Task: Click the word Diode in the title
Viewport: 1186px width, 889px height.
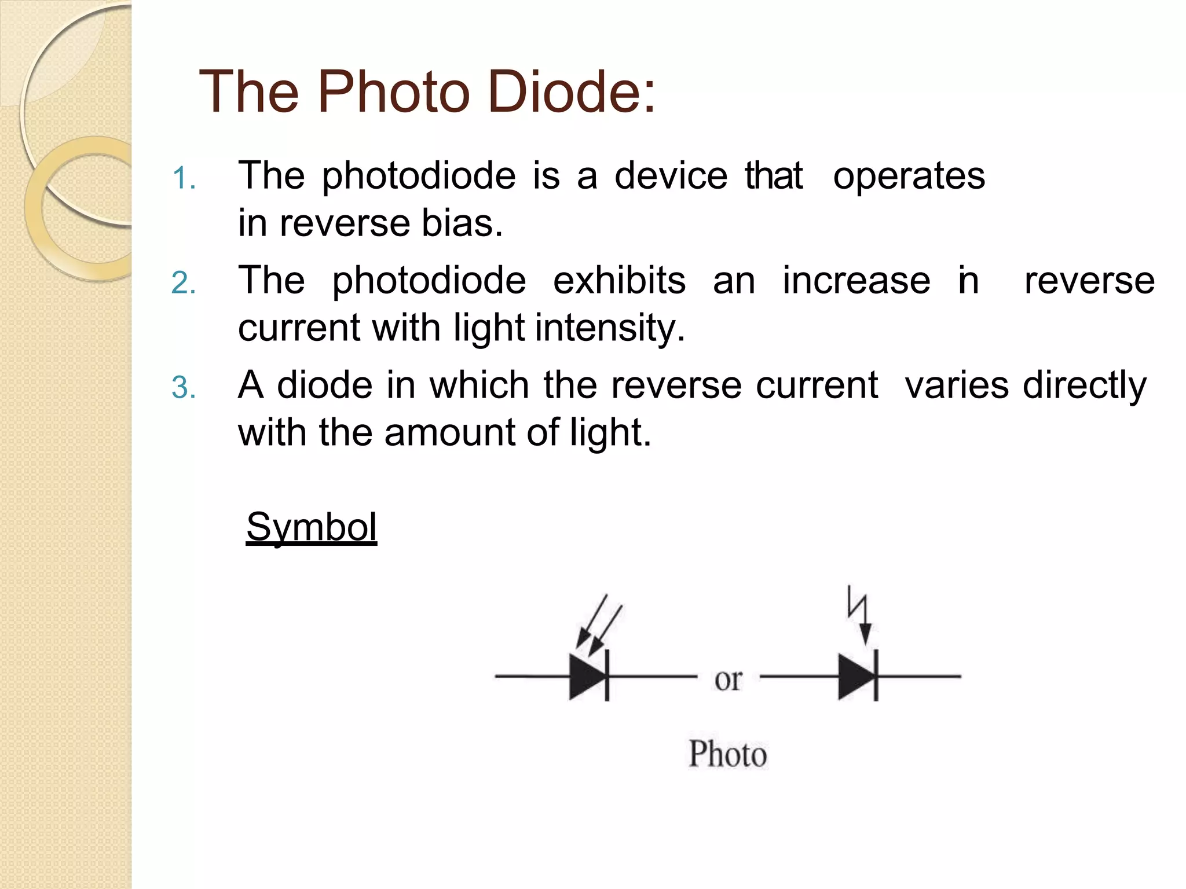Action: [x=571, y=91]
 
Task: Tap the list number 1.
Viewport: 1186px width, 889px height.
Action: [x=184, y=178]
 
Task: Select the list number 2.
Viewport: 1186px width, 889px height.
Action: [x=184, y=283]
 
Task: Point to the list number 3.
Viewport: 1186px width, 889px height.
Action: [x=184, y=388]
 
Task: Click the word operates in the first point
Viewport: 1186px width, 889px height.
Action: [x=909, y=176]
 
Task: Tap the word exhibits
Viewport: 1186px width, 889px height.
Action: [x=619, y=281]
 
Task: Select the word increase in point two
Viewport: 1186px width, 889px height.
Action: [x=856, y=281]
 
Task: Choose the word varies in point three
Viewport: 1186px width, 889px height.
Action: [x=956, y=385]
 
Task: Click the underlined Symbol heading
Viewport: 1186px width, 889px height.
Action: [x=312, y=527]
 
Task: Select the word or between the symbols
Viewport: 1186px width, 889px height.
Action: [x=727, y=679]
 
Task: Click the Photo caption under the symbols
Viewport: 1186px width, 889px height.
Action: [x=727, y=754]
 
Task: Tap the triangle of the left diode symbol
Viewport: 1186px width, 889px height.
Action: [x=586, y=676]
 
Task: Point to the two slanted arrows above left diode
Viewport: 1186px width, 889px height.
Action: [x=599, y=624]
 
